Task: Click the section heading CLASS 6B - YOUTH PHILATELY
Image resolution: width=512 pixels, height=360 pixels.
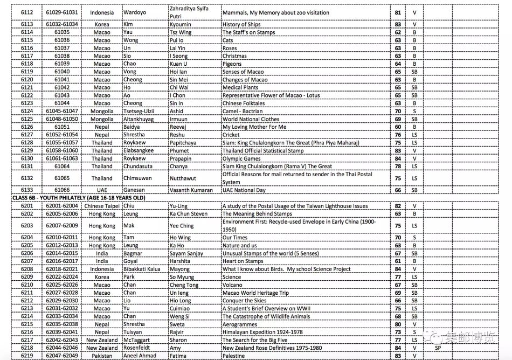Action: point(75,198)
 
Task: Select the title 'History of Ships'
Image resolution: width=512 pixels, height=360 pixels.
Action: point(242,24)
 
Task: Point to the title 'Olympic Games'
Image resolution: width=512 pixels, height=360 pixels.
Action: point(241,158)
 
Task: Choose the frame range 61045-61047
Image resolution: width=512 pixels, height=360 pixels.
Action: point(62,111)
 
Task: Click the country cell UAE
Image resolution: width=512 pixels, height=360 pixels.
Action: point(102,190)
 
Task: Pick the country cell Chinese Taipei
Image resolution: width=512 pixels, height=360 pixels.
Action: point(102,206)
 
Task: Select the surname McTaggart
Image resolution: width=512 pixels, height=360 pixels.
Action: point(142,340)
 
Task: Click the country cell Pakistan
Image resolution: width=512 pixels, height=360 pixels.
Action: point(102,356)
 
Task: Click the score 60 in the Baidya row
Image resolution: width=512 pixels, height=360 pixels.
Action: point(398,127)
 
